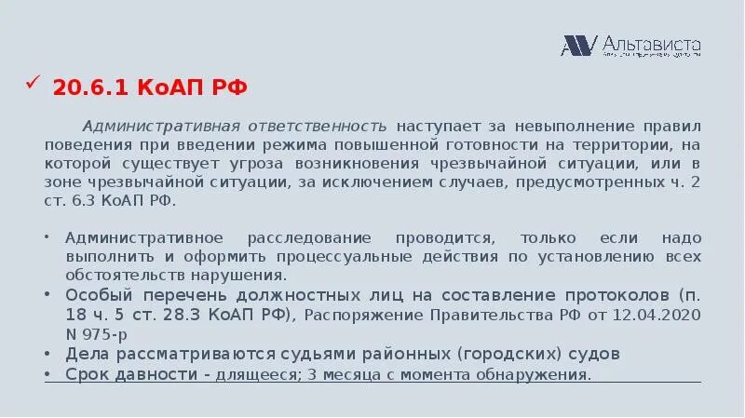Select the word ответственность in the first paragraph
[322, 126]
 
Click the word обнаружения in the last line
[539, 375]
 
